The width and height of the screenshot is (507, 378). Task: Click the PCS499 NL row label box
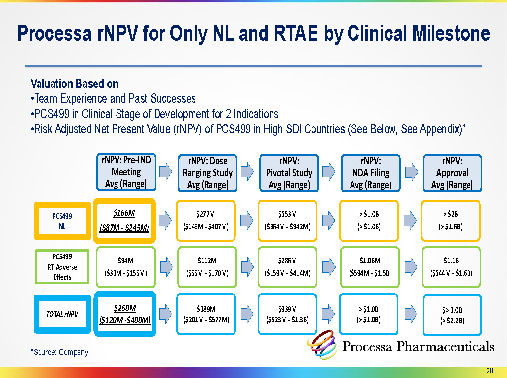tap(62, 220)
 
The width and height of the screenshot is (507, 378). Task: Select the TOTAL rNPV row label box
tap(62, 314)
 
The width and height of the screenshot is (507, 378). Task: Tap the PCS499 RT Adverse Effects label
tap(62, 267)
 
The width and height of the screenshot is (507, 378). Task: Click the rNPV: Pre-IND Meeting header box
tap(126, 172)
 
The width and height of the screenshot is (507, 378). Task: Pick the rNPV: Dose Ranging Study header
tap(207, 172)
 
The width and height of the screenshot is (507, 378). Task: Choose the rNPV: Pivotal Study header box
tap(289, 172)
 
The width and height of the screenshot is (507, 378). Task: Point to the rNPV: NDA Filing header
tap(370, 172)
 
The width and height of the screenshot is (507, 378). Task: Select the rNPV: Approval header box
tap(452, 172)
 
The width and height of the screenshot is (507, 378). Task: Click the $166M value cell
tap(124, 220)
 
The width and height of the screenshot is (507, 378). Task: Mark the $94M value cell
tap(124, 267)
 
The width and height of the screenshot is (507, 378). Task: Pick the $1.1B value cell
tap(452, 267)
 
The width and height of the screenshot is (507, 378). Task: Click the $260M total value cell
tap(124, 314)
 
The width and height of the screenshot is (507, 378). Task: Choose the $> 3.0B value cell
tap(452, 315)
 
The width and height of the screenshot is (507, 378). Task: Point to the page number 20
tap(490, 371)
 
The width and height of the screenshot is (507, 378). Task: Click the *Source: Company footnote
tap(59, 352)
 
